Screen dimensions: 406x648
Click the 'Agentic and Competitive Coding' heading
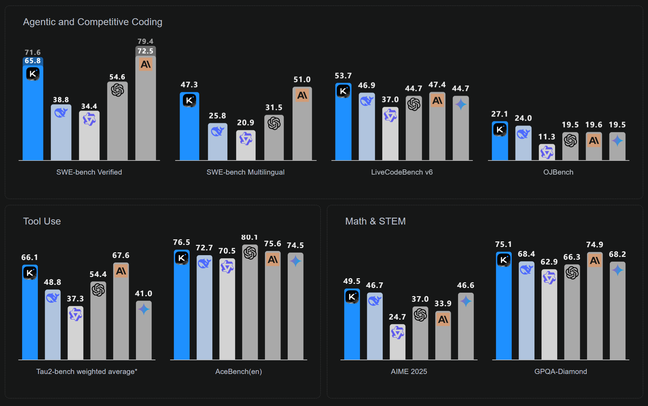(93, 22)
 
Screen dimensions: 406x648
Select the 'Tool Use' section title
(42, 221)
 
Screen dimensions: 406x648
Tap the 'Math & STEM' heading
(375, 221)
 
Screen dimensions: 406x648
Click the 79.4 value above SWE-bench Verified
(145, 41)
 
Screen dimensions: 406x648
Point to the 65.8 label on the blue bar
(33, 61)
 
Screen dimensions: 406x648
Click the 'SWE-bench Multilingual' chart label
(245, 172)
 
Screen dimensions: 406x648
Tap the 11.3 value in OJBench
(546, 137)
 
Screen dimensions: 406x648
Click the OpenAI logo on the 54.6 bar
(117, 90)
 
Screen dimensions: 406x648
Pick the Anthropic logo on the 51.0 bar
(302, 95)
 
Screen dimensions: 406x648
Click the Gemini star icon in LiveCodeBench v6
(460, 104)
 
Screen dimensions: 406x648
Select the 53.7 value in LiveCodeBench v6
(343, 76)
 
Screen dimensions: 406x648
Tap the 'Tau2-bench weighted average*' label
(87, 372)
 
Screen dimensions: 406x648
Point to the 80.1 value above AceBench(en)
(249, 238)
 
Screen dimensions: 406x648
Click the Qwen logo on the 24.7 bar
(397, 333)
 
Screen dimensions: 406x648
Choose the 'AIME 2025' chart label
(409, 372)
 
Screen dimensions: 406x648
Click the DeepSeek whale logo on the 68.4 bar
(526, 269)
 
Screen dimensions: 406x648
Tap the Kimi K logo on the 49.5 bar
(352, 297)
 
